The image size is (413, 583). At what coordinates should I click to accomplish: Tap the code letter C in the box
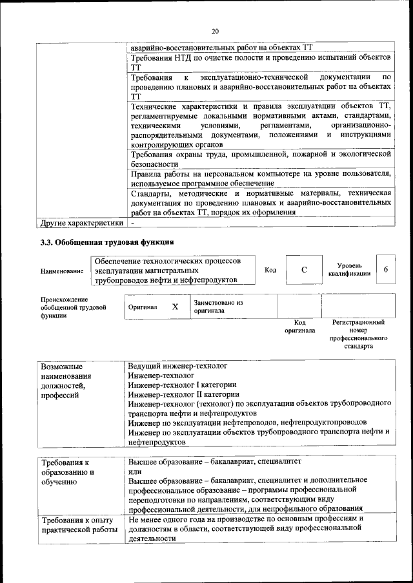coord(303,270)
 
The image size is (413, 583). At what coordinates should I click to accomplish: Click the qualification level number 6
coord(385,269)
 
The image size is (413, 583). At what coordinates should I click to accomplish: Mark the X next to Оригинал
coord(175,307)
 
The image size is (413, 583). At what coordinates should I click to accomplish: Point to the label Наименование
coord(62,271)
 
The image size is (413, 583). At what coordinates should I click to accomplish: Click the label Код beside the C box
coord(270,270)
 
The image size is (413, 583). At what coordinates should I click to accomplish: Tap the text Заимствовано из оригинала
coord(218,306)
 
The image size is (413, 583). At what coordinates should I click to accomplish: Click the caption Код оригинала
coord(299,326)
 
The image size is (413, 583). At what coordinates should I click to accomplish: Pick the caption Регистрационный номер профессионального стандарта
coord(358,334)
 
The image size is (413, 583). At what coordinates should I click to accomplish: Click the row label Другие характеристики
coord(81,223)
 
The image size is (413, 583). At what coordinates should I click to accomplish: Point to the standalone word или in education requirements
coord(134,472)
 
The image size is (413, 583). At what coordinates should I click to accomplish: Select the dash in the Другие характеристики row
coord(132,223)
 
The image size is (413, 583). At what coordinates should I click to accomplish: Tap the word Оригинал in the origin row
coord(143,307)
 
